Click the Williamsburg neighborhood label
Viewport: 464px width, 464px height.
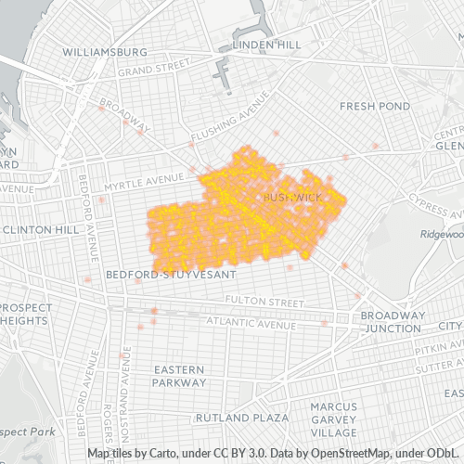pyautogui.click(x=104, y=52)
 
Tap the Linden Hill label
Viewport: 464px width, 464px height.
pyautogui.click(x=266, y=45)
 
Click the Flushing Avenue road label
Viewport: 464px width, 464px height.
pyautogui.click(x=224, y=127)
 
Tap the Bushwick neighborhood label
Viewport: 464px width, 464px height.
pyautogui.click(x=291, y=198)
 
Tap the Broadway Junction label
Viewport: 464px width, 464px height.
pyautogui.click(x=393, y=322)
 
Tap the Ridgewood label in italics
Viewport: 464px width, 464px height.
pyautogui.click(x=441, y=234)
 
